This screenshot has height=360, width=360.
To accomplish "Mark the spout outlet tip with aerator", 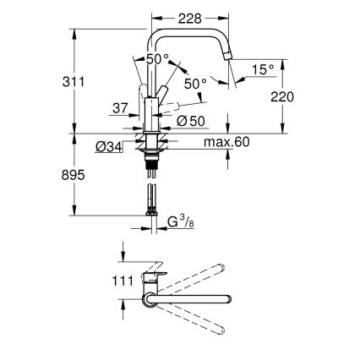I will (x=228, y=54).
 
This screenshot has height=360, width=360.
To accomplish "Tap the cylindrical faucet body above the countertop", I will (x=151, y=114).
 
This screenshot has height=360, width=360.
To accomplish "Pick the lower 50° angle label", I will (x=195, y=85).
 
